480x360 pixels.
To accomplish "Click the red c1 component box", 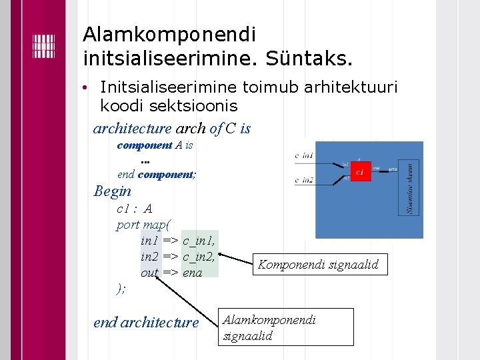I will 360,173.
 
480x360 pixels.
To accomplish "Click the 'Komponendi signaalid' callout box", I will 318,265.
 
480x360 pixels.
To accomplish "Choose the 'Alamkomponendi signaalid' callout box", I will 287,327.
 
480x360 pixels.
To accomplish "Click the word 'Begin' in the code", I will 113,191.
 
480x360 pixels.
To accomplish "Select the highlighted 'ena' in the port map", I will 192,272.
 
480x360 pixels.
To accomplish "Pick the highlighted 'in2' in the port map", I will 149,256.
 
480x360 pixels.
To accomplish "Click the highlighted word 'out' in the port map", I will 149,272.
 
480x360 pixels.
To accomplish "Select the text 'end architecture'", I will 146,323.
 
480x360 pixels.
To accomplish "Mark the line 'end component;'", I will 156,175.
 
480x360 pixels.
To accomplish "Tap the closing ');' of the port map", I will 121,288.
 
